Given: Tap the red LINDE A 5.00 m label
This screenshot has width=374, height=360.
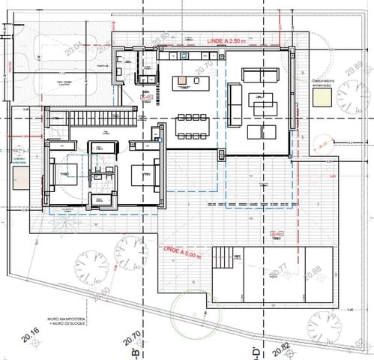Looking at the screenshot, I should [183, 252].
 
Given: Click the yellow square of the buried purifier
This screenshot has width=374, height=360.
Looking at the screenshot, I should [320, 105].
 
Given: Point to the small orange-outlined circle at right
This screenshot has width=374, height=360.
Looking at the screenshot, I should [321, 142].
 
